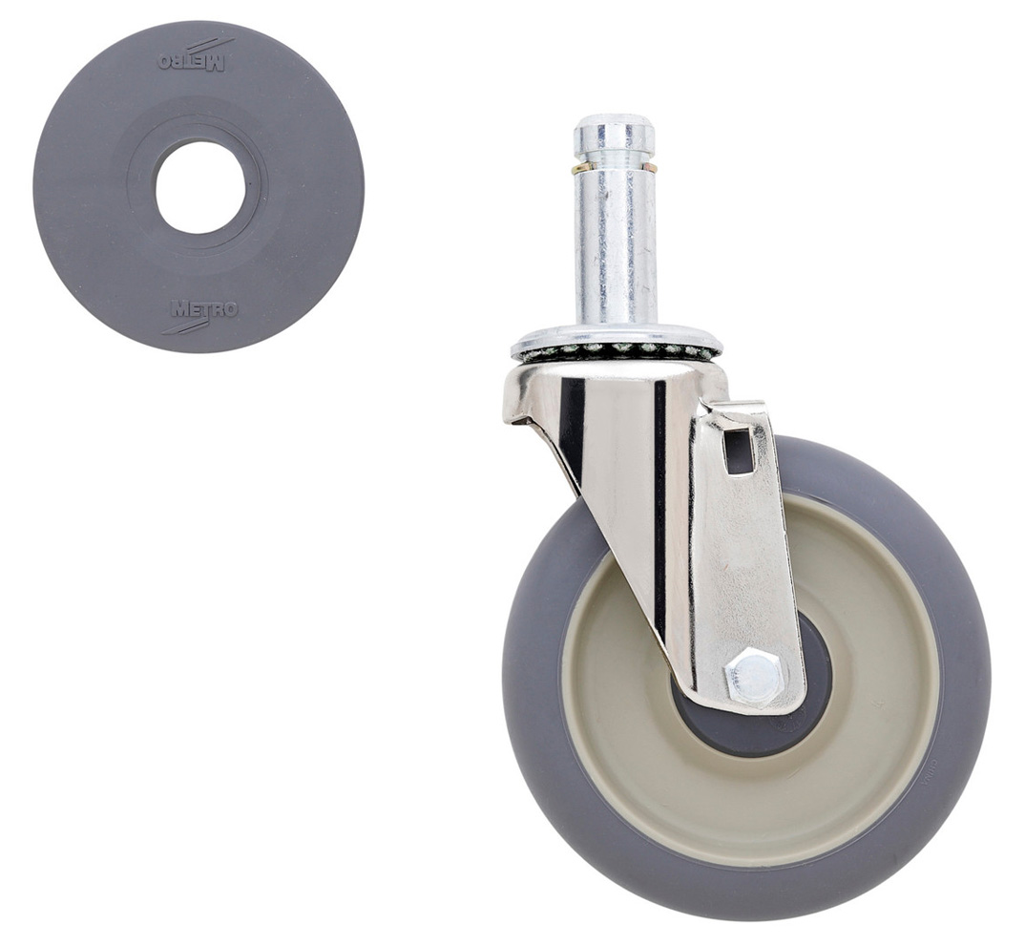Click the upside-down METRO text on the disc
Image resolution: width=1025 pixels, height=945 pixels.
191,61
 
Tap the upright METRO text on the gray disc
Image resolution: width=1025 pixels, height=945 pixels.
204,309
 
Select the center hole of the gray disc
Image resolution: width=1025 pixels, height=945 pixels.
200,187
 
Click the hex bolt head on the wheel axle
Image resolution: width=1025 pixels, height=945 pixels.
753,678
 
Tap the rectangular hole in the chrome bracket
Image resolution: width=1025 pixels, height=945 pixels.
739,450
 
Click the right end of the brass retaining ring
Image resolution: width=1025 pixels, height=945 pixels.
651,168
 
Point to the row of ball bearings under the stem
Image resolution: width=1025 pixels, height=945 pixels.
616,350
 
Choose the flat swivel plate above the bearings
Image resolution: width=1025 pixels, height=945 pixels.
616,335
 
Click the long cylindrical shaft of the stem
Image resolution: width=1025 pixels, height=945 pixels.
615,248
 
